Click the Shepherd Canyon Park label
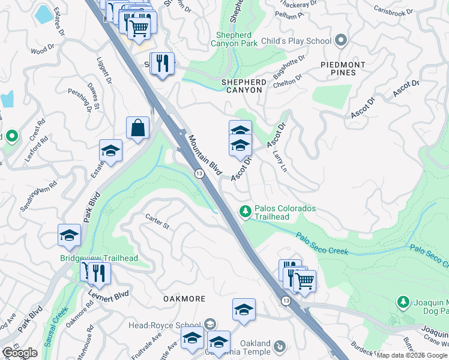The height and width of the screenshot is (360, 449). (234, 39)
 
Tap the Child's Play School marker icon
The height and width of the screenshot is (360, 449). (342, 41)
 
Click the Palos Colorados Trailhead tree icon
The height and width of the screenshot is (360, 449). (245, 211)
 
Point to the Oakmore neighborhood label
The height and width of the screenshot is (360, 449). (185, 298)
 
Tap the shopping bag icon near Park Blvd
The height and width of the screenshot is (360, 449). (138, 127)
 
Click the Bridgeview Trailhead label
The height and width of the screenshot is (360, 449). (99, 258)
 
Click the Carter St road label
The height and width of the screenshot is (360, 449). (158, 223)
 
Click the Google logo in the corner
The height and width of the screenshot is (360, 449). (20, 353)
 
